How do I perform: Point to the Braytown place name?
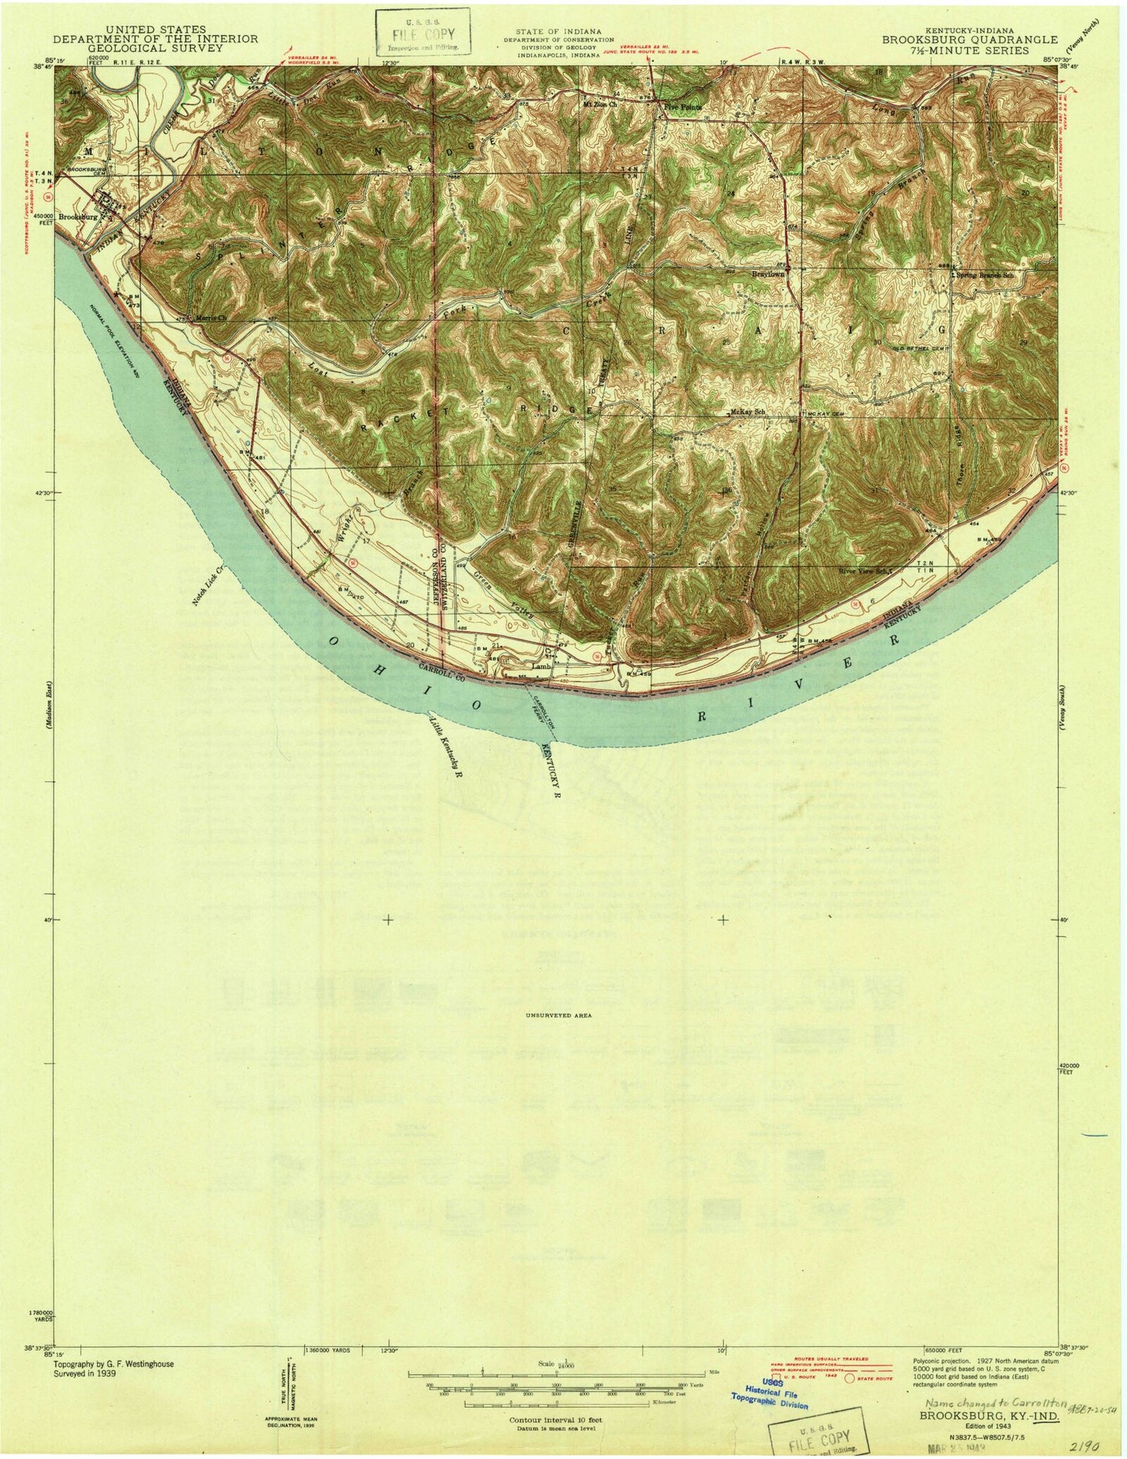pos(768,275)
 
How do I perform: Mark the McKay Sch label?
pos(747,412)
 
